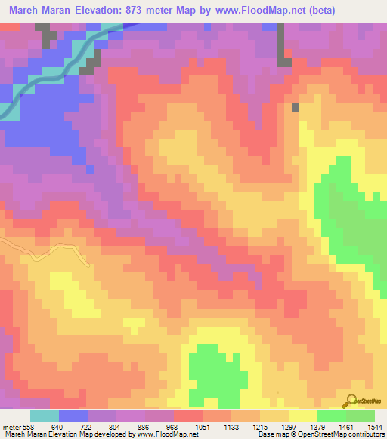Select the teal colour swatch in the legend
[44, 416]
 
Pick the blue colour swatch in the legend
[73, 416]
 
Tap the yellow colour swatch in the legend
[302, 416]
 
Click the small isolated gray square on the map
[296, 106]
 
